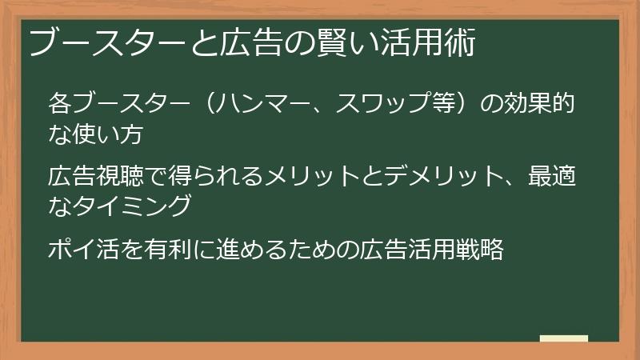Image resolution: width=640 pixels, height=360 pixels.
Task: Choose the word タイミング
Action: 133,206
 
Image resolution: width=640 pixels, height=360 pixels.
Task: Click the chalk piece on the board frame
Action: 564,338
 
